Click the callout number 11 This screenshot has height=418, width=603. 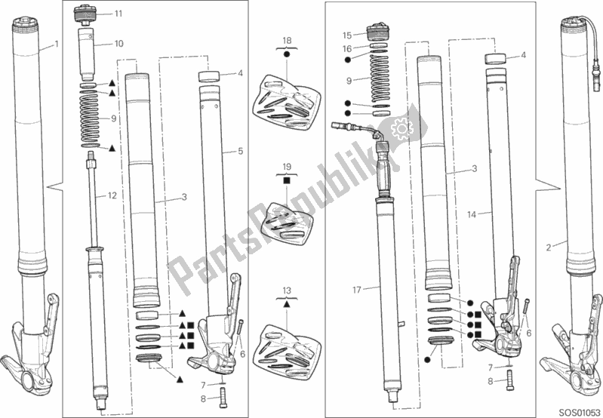118,14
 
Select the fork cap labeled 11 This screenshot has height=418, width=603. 85,14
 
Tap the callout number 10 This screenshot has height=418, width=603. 119,44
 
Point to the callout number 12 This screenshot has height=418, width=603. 112,195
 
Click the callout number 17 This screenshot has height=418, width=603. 357,290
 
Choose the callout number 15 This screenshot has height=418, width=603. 347,35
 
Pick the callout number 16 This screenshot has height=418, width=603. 347,49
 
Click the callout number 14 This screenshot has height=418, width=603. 472,214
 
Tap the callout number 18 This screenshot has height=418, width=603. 287,41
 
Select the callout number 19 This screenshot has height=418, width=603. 287,167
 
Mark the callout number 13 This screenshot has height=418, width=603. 287,290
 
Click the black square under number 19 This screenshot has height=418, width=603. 287,180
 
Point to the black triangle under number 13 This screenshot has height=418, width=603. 287,304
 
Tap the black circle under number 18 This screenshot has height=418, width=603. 287,54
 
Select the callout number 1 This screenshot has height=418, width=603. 57,45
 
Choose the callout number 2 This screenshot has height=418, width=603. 549,248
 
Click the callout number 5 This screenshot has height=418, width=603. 241,151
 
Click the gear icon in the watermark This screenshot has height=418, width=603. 401,128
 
